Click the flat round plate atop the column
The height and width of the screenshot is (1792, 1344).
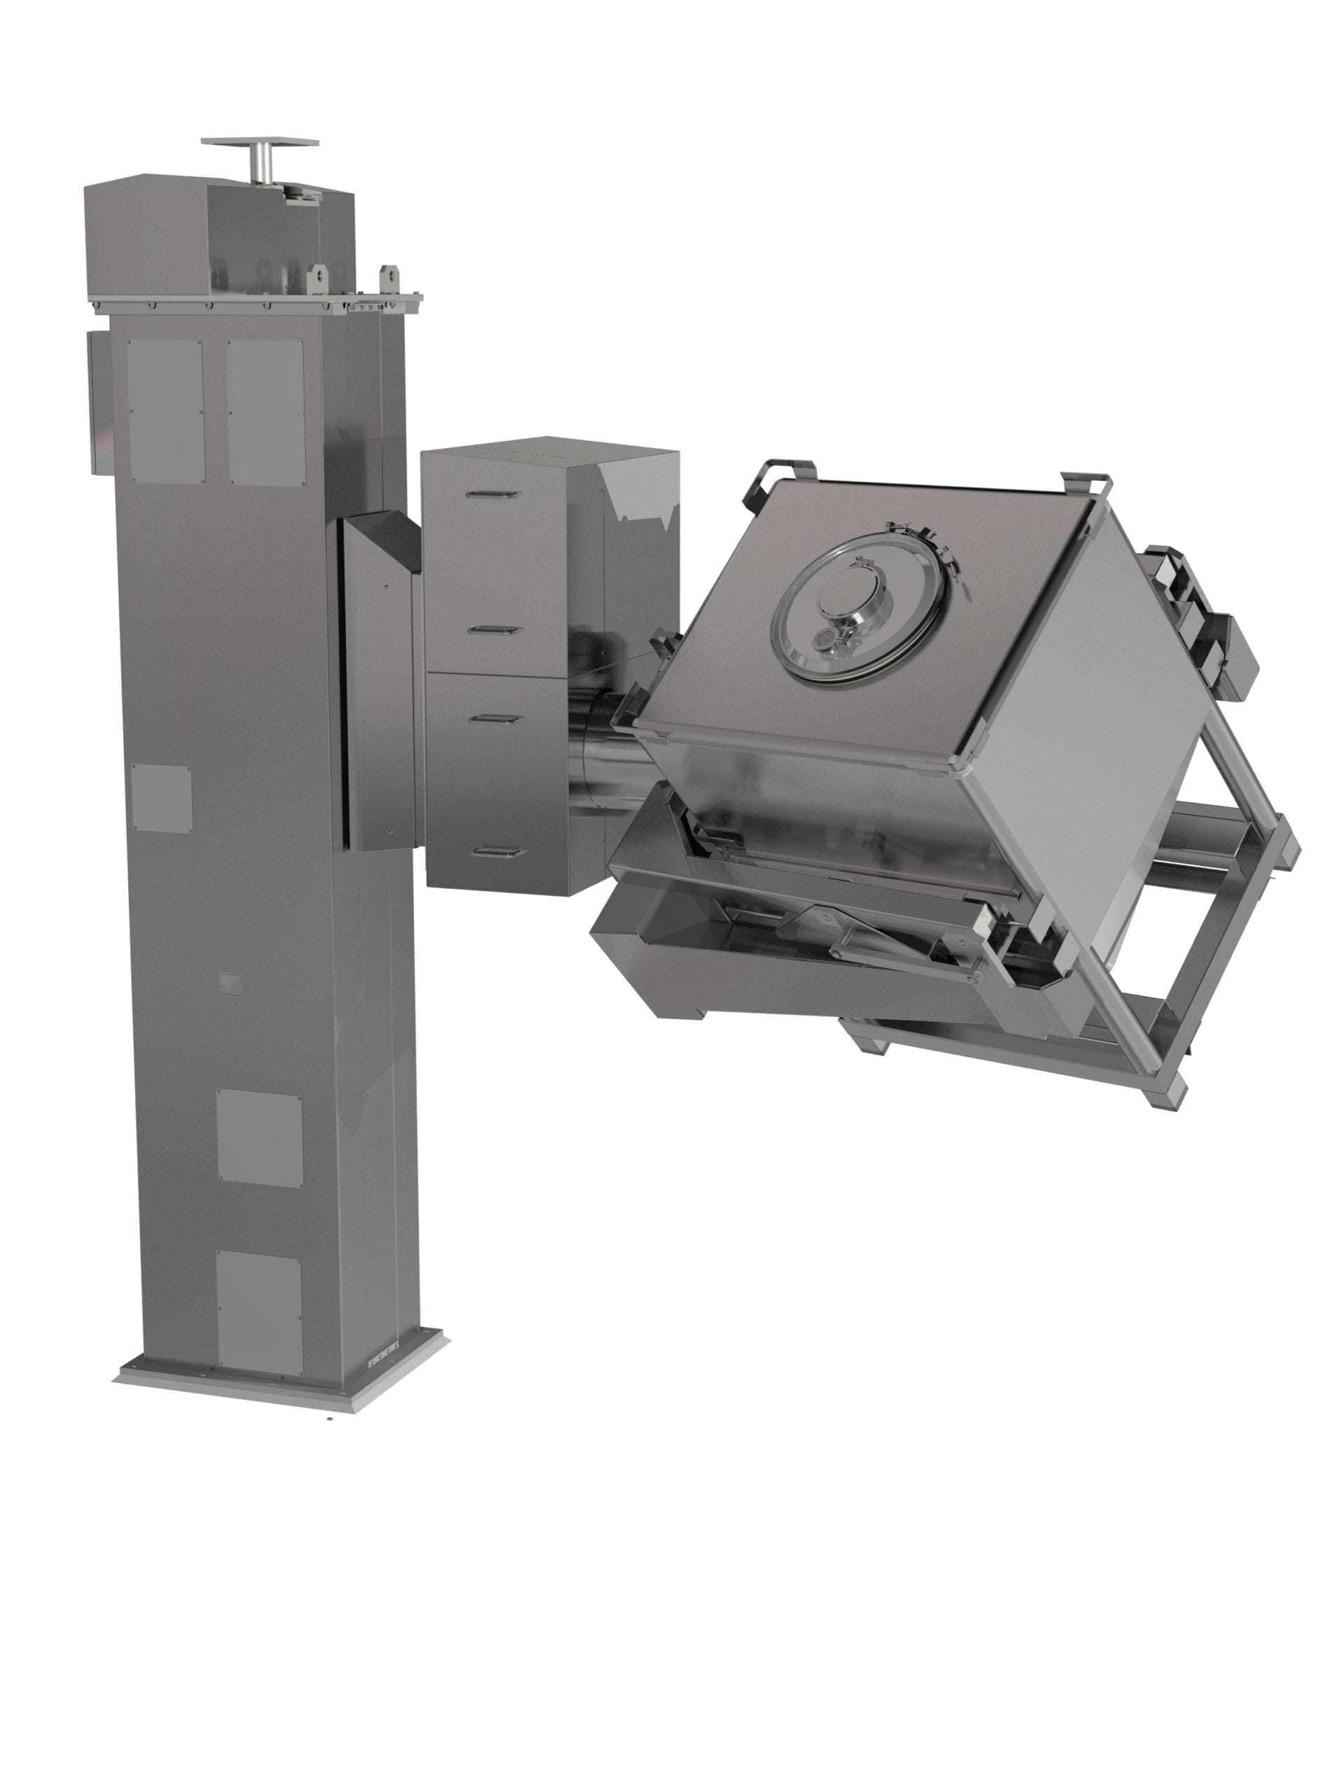point(259,142)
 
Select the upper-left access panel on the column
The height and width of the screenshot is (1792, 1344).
point(164,411)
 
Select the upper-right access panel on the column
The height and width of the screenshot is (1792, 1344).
point(265,412)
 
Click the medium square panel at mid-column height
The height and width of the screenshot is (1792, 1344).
point(161,799)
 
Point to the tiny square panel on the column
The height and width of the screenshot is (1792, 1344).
point(231,983)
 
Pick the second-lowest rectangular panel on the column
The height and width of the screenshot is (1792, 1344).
point(258,1138)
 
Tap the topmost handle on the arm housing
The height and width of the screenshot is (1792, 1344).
point(493,493)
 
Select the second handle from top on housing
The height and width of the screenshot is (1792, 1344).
point(493,629)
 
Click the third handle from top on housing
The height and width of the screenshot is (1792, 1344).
point(493,717)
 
